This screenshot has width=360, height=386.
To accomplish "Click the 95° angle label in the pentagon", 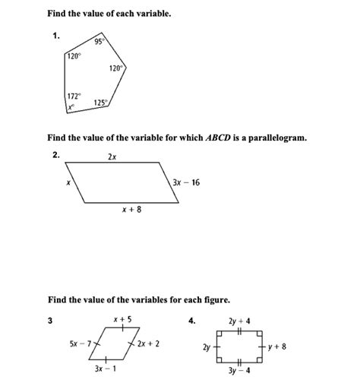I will pos(99,41).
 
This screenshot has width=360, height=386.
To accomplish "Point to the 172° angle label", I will pos(73,97).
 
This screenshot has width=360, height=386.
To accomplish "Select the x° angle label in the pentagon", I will pos(71,107).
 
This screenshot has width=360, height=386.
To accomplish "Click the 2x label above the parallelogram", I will pos(112,157).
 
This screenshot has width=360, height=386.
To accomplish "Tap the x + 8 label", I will pos(131,210).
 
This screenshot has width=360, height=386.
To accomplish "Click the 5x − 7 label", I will pos(79,344).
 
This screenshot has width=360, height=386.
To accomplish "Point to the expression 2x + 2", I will pos(148,344).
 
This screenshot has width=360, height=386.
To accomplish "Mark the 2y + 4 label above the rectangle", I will pos(239,320).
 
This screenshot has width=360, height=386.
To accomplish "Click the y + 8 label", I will pos(276,346).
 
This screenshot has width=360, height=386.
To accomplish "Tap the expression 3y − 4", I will pos(239,371).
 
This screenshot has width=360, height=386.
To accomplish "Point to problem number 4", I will pos(192,320).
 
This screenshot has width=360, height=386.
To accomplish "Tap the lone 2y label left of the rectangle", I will pos(207,346).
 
